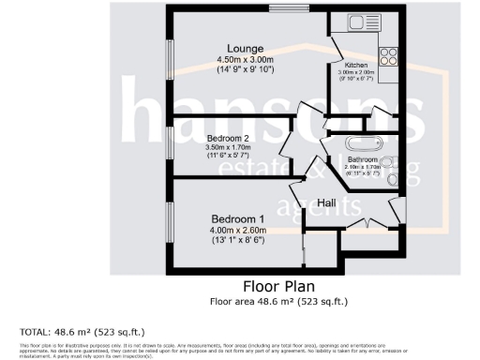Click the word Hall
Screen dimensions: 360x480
pyautogui.click(x=327, y=202)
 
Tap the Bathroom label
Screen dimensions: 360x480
pyautogui.click(x=363, y=160)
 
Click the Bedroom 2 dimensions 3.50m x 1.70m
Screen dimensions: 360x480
pyautogui.click(x=226, y=147)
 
